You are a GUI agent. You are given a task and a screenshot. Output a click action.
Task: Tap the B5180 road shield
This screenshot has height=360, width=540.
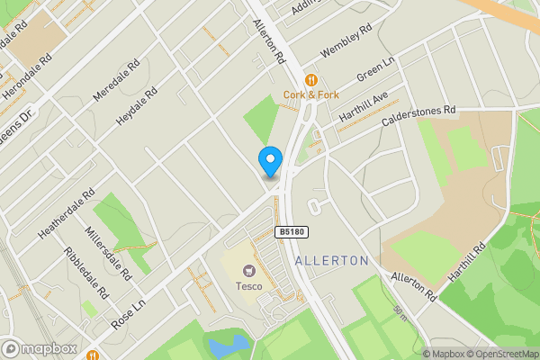(x=292, y=231)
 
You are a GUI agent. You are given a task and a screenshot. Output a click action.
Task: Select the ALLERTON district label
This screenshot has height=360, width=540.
(x=332, y=260)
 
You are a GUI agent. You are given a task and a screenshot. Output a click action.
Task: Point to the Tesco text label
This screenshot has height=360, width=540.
(x=249, y=286)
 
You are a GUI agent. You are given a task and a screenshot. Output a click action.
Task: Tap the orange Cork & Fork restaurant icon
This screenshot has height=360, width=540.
(x=310, y=78)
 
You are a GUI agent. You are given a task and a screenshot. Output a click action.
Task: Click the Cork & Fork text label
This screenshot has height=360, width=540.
(x=310, y=94)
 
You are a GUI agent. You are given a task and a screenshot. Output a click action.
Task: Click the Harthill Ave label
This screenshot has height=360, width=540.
(x=364, y=106)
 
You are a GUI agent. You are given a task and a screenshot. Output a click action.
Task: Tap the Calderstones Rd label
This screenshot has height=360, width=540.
(x=419, y=117)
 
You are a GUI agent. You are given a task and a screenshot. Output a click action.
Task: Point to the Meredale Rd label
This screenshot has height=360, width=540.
(x=117, y=80)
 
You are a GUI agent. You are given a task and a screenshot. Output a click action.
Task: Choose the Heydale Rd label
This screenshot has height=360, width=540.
(x=136, y=106)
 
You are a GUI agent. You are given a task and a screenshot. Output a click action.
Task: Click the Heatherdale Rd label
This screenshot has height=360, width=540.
(x=66, y=213)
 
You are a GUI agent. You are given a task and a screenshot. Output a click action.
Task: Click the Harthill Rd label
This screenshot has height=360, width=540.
(x=467, y=260)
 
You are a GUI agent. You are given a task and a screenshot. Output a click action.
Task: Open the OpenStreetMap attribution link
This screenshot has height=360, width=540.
(x=500, y=354)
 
